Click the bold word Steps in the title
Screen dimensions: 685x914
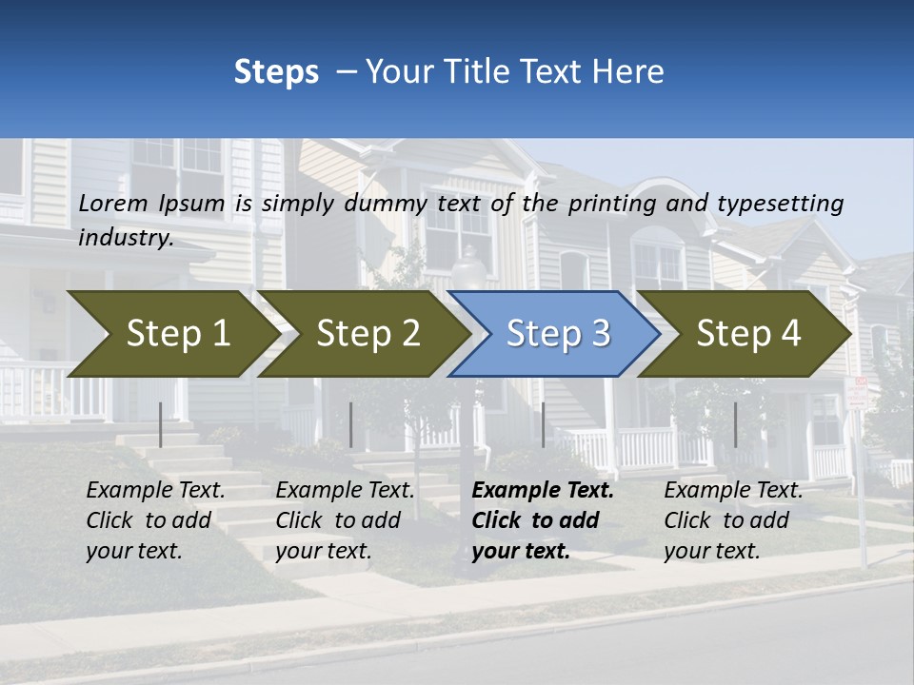(276, 71)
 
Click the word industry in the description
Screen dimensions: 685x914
(126, 237)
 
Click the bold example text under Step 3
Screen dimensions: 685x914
(543, 520)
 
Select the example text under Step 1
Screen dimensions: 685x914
(155, 520)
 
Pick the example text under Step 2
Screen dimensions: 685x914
(345, 520)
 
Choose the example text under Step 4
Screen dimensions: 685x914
(733, 520)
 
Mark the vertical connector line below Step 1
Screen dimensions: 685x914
(161, 424)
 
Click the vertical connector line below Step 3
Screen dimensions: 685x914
(543, 424)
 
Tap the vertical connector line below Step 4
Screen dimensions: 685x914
(735, 424)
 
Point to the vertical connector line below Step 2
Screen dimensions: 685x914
(351, 424)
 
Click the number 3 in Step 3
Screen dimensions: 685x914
(600, 334)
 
